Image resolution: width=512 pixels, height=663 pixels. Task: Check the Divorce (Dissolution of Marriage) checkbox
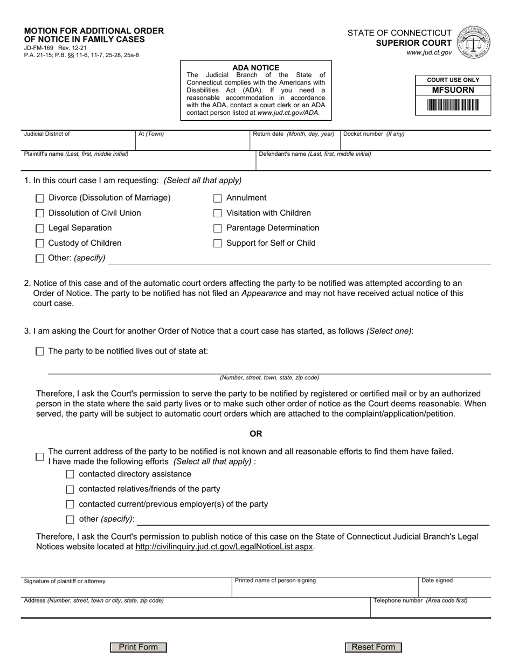(x=39, y=198)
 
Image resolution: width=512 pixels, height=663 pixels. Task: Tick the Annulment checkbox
(x=218, y=198)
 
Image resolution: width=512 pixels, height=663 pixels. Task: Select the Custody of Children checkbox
(x=39, y=244)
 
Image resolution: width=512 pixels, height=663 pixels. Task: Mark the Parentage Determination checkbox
(x=218, y=229)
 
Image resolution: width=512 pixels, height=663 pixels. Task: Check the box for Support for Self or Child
(x=218, y=244)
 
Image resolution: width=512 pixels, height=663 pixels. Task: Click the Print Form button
(x=139, y=647)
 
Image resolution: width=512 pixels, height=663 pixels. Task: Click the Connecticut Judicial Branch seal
(x=473, y=43)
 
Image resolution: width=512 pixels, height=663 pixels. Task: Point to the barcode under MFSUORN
(x=453, y=105)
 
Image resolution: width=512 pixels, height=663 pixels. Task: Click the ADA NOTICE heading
(x=255, y=68)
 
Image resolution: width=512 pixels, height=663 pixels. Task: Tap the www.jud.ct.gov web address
(x=429, y=53)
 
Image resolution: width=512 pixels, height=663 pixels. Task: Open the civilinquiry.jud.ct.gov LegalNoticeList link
(x=224, y=547)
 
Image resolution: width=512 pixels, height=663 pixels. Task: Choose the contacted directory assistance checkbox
(x=70, y=474)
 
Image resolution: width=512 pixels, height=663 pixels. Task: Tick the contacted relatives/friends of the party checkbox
(x=70, y=489)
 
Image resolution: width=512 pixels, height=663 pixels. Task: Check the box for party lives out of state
(x=39, y=351)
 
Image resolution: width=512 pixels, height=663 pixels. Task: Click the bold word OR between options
(x=255, y=434)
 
